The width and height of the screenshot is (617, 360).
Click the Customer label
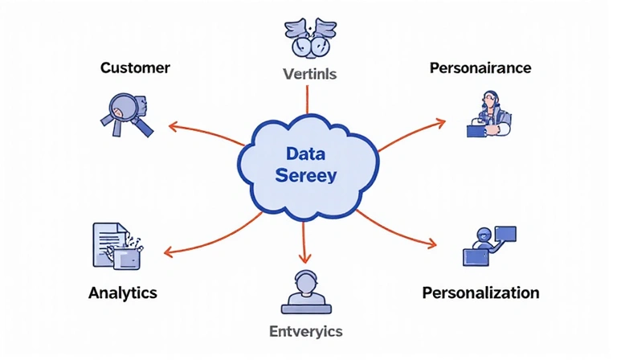click(x=134, y=67)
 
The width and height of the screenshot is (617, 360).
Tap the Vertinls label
click(x=309, y=75)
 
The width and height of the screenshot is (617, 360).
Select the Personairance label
click(x=480, y=67)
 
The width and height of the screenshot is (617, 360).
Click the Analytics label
click(x=122, y=292)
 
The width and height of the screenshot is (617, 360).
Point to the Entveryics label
click(x=305, y=331)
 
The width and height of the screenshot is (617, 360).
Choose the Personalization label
click(x=480, y=292)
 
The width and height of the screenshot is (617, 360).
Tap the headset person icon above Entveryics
click(x=304, y=292)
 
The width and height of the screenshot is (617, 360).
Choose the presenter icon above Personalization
click(x=488, y=245)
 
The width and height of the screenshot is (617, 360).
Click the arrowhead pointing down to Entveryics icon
click(x=304, y=259)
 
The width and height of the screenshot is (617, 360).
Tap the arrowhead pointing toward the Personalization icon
click(x=435, y=243)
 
